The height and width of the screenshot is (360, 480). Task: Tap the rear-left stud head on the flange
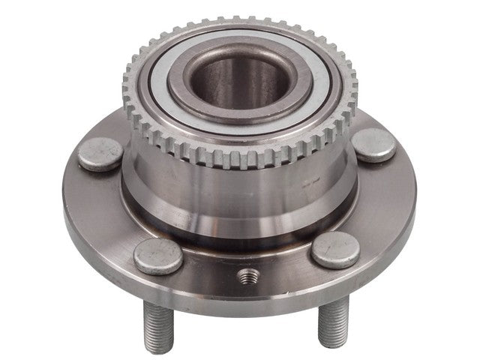tap(100, 154)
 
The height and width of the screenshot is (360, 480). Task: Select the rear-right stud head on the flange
tap(373, 144)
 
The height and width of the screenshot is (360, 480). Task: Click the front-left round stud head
tap(157, 256)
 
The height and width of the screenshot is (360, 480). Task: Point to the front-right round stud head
tap(334, 250)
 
